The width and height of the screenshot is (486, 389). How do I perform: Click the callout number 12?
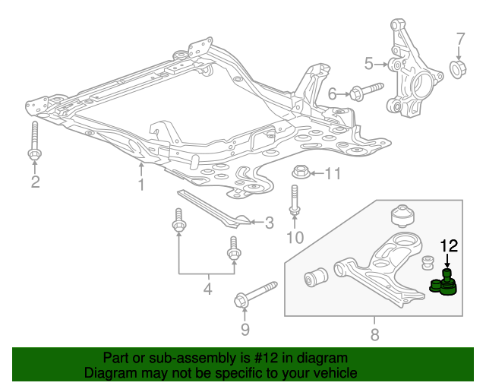[x=449, y=245]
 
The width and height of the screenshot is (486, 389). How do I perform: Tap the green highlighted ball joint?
[x=443, y=283]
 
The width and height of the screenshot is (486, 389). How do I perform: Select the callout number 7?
[x=461, y=40]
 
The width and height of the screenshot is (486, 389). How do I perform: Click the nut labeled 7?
[x=457, y=69]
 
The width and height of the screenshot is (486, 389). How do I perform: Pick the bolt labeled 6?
[x=366, y=91]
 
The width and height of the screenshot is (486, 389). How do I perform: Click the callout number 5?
[x=368, y=64]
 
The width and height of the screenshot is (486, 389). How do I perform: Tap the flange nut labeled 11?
[x=301, y=172]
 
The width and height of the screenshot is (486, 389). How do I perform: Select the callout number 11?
[x=333, y=174]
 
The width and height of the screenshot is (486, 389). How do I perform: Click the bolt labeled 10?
[x=295, y=200]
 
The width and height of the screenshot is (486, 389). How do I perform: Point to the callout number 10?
[x=295, y=238]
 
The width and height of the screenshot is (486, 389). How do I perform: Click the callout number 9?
[x=245, y=330]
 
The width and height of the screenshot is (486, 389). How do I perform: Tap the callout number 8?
[x=374, y=334]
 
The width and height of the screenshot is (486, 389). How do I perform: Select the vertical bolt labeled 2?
[x=34, y=141]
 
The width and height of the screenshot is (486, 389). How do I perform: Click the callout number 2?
[x=35, y=182]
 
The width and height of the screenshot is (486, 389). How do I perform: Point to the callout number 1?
[x=141, y=185]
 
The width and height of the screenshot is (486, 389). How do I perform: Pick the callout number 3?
[x=270, y=223]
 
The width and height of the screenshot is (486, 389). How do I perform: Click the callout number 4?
[x=207, y=289]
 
